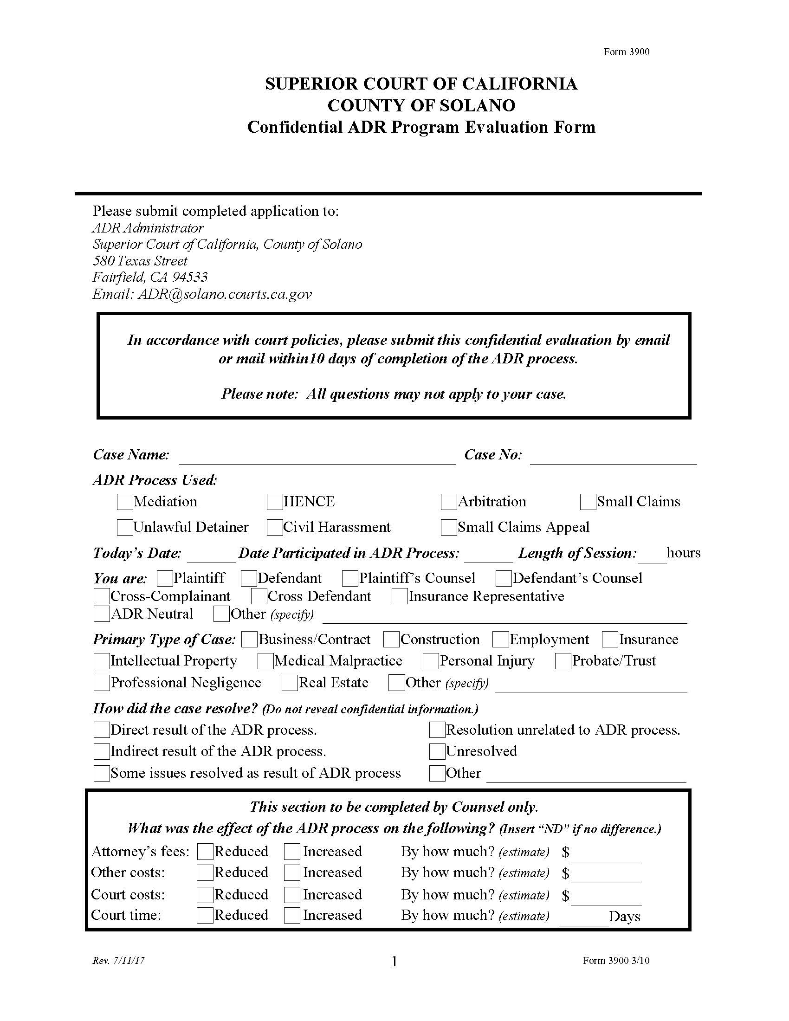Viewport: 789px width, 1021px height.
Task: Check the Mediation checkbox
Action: click(x=124, y=502)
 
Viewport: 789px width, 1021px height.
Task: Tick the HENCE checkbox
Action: click(x=274, y=502)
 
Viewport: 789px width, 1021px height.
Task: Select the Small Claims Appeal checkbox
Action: click(x=448, y=527)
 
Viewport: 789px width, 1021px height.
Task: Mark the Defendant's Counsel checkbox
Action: click(x=504, y=578)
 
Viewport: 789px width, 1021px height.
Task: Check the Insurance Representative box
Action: click(x=399, y=596)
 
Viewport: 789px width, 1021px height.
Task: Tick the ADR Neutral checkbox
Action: click(x=102, y=614)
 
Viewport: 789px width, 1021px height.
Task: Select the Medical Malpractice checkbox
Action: click(x=265, y=661)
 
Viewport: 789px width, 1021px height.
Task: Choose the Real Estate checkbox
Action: click(x=289, y=683)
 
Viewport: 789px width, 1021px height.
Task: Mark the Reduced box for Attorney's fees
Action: click(x=205, y=852)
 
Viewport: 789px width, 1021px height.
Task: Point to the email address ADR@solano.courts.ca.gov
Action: click(x=224, y=294)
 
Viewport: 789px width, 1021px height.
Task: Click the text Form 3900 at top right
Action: click(x=627, y=52)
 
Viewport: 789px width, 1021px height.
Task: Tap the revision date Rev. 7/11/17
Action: click(x=119, y=961)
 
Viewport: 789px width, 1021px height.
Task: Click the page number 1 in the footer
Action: click(x=394, y=962)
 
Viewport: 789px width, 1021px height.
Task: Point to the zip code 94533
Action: click(x=190, y=277)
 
